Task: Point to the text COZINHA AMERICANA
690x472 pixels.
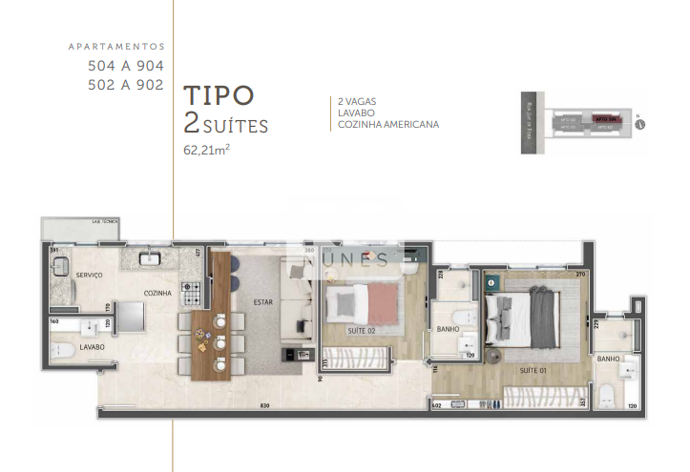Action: click(388, 124)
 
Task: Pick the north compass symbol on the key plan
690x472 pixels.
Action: click(640, 122)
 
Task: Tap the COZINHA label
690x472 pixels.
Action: click(157, 294)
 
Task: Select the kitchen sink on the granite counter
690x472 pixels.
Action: click(151, 257)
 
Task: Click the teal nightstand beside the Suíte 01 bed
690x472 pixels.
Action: click(491, 282)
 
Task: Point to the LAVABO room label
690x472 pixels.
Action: click(93, 346)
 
